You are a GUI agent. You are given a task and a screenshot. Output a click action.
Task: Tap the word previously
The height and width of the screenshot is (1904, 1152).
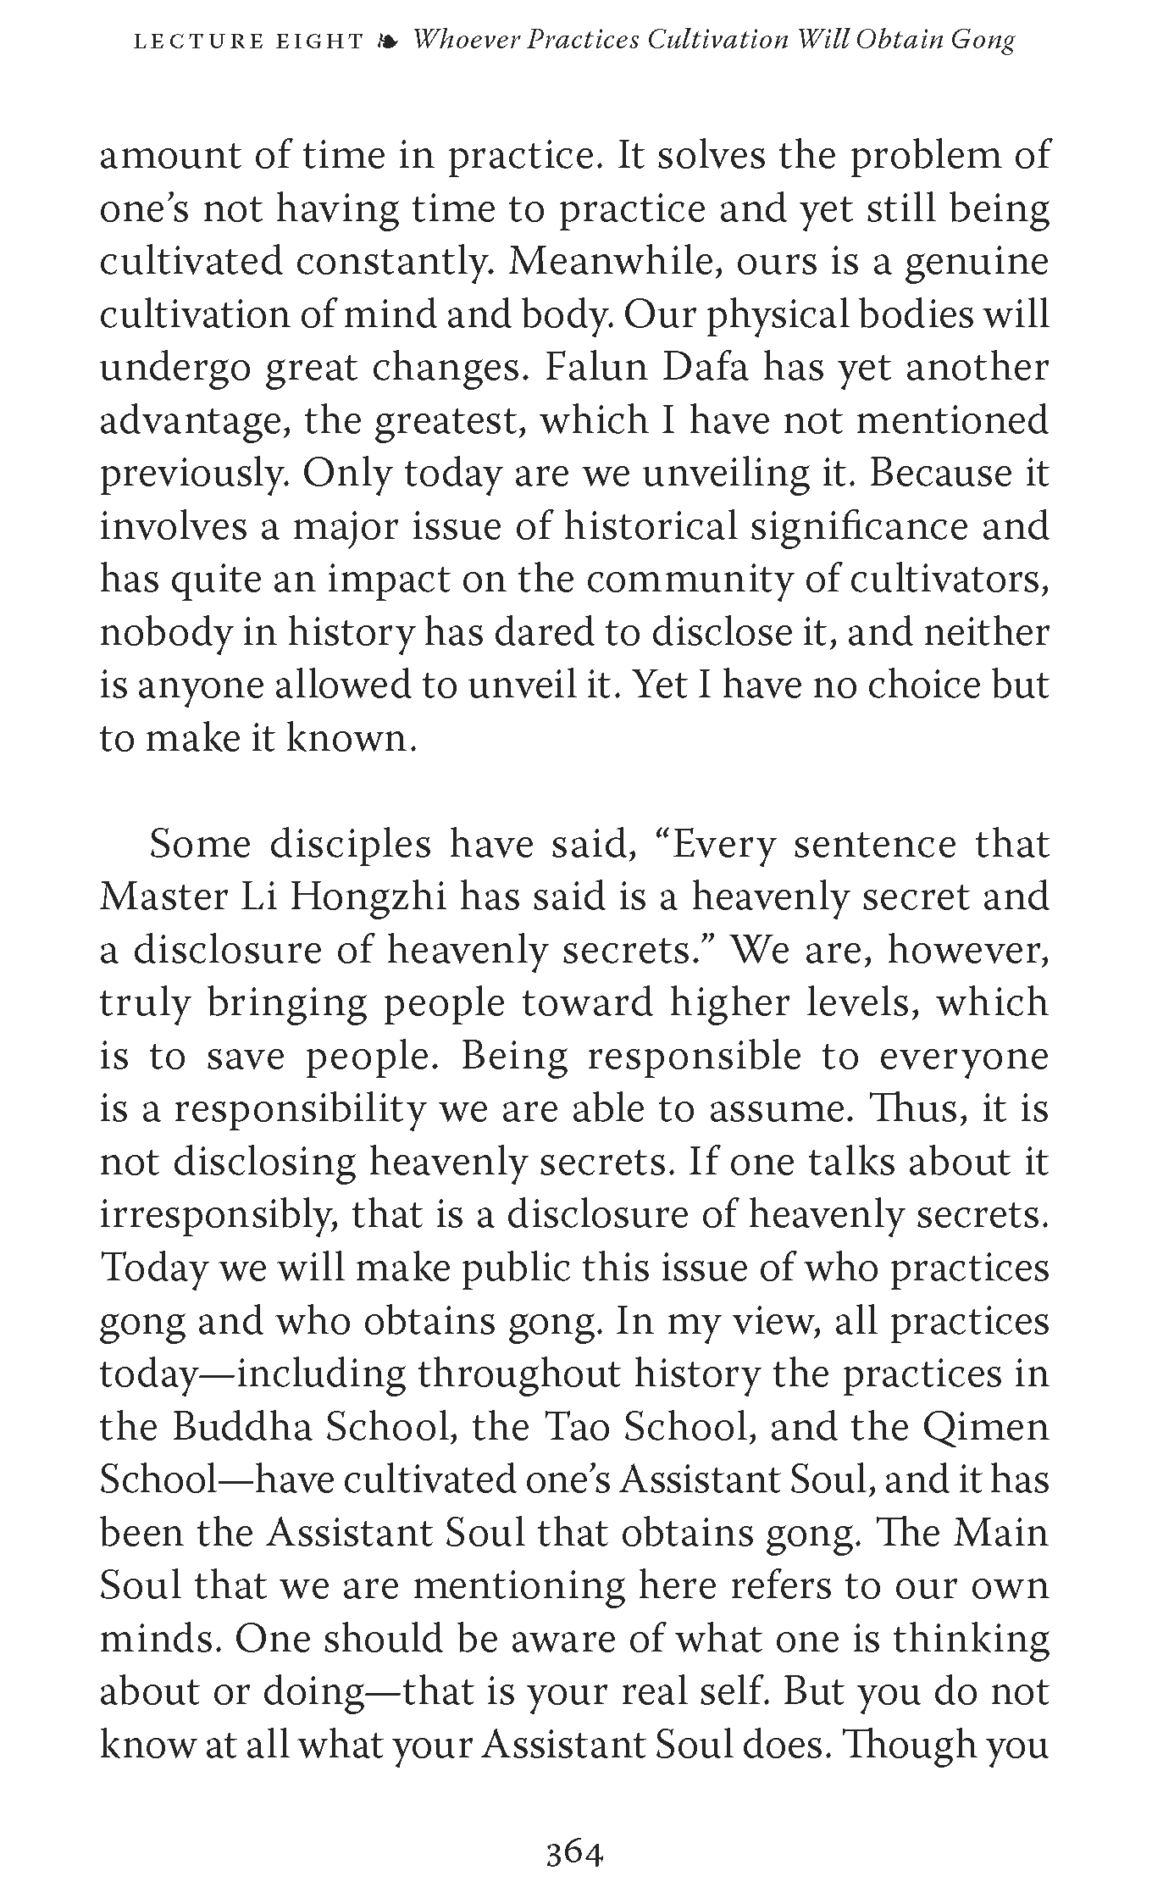pyautogui.click(x=195, y=475)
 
